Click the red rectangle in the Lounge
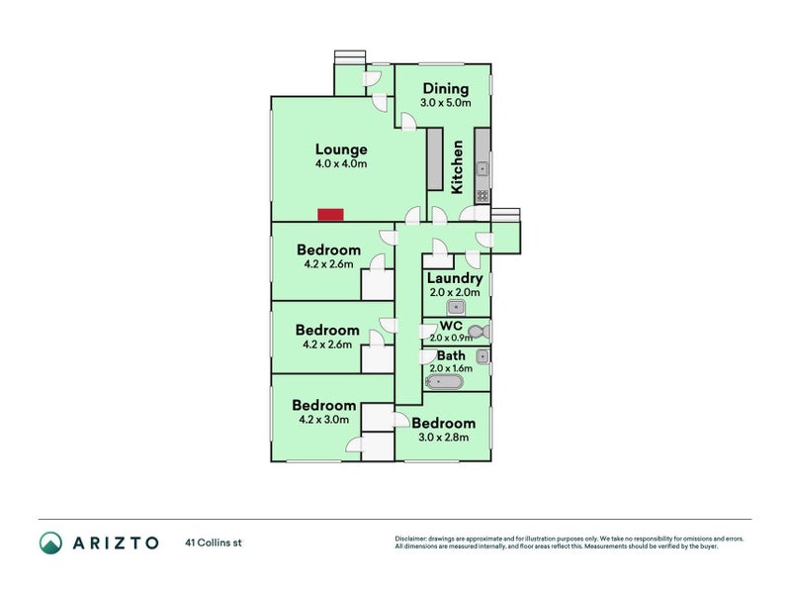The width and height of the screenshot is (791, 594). [x=330, y=215]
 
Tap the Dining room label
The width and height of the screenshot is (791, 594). [x=446, y=89]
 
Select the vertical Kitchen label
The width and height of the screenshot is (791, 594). [x=457, y=167]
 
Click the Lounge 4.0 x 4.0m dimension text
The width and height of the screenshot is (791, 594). [x=341, y=163]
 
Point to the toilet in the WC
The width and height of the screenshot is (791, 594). [x=479, y=332]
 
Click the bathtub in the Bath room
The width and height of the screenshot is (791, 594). [x=444, y=382]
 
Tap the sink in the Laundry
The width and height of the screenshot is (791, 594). [x=456, y=307]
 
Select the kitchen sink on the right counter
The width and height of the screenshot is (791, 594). [x=483, y=168]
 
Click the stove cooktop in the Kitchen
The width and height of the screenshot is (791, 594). [x=483, y=195]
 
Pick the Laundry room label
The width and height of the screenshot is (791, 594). [x=455, y=278]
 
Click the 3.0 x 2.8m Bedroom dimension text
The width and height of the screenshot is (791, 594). [x=443, y=438]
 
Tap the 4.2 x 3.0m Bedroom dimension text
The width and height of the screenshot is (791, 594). [x=324, y=419]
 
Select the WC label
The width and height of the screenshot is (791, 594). [x=451, y=326]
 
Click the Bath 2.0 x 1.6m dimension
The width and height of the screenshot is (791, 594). [x=451, y=368]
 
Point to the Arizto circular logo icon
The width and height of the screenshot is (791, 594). [x=51, y=543]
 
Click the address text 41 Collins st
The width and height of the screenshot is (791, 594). [x=214, y=543]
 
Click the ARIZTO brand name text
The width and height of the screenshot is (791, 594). [x=116, y=543]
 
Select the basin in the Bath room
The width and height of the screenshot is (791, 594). [x=483, y=356]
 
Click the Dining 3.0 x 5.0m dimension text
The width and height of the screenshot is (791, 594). [x=446, y=103]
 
